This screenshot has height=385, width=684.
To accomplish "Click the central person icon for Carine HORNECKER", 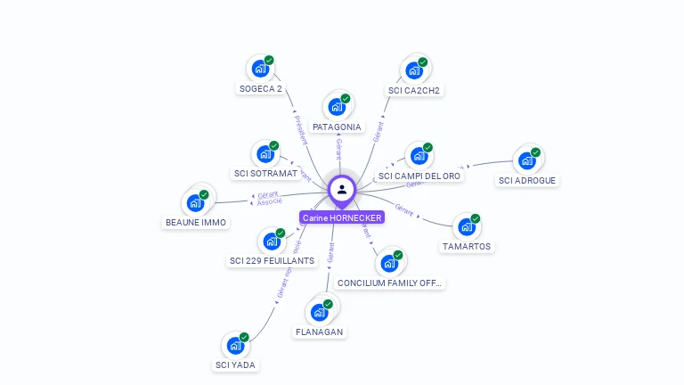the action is [x=342, y=189].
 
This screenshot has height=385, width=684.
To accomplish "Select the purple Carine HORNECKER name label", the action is [x=342, y=217].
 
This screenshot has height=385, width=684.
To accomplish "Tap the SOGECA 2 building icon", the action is [x=259, y=69].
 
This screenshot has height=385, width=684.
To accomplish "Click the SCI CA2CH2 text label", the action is [x=414, y=90].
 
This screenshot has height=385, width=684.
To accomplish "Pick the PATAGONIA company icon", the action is [x=336, y=107].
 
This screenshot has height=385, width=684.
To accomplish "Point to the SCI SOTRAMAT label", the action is [x=265, y=173].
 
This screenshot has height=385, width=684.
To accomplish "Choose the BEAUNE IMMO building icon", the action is [x=195, y=203].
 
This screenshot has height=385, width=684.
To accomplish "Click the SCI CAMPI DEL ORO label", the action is [x=419, y=176].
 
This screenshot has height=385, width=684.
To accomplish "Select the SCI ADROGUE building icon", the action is [x=526, y=160].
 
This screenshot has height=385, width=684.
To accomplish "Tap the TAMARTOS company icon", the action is [x=466, y=227].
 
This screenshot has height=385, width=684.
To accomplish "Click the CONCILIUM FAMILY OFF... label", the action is [x=390, y=283].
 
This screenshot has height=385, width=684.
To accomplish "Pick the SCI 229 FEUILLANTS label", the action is [x=272, y=260].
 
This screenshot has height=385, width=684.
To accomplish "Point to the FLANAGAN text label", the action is [x=319, y=332].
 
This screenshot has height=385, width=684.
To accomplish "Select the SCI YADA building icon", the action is [x=234, y=346].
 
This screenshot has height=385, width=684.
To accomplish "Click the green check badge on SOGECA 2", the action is [x=269, y=61].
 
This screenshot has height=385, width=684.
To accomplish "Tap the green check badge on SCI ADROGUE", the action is [x=536, y=152].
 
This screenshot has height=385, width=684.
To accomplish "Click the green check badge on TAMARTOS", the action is [x=476, y=219].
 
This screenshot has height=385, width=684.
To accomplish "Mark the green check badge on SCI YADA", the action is [x=244, y=338].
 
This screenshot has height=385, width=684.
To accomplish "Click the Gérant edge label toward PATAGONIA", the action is [x=338, y=149].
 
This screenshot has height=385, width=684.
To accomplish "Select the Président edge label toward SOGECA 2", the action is [x=300, y=129].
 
